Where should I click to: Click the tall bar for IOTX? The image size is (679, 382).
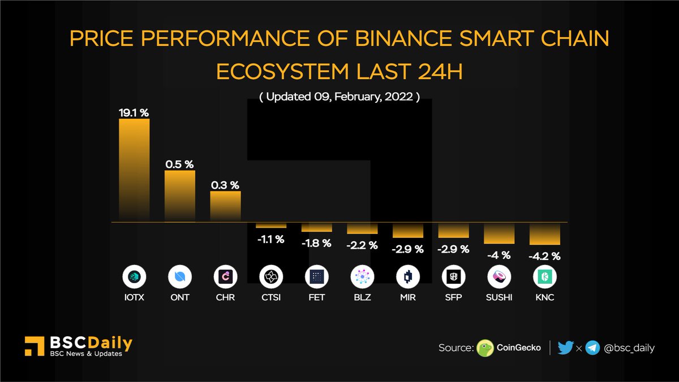134,170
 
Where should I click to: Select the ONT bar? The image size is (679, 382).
180,196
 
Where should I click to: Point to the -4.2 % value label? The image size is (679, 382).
544,256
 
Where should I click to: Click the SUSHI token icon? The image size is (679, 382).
499,277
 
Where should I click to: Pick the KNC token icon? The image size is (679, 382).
544,277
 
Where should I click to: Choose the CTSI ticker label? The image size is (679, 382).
270,297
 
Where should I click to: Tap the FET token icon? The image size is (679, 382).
316,277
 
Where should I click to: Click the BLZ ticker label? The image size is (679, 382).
362,297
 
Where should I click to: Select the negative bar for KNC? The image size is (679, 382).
544,233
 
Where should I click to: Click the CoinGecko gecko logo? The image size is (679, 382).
485,348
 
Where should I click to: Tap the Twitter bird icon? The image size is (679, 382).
565,348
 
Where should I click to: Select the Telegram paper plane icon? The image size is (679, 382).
592,348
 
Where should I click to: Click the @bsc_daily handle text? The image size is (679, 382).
629,348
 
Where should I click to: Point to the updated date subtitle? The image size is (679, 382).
339,97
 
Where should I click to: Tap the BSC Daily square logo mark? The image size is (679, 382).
35,346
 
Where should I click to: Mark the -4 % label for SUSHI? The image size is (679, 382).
498,255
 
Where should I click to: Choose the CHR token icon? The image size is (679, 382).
225,277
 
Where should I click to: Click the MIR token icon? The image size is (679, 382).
407,277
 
